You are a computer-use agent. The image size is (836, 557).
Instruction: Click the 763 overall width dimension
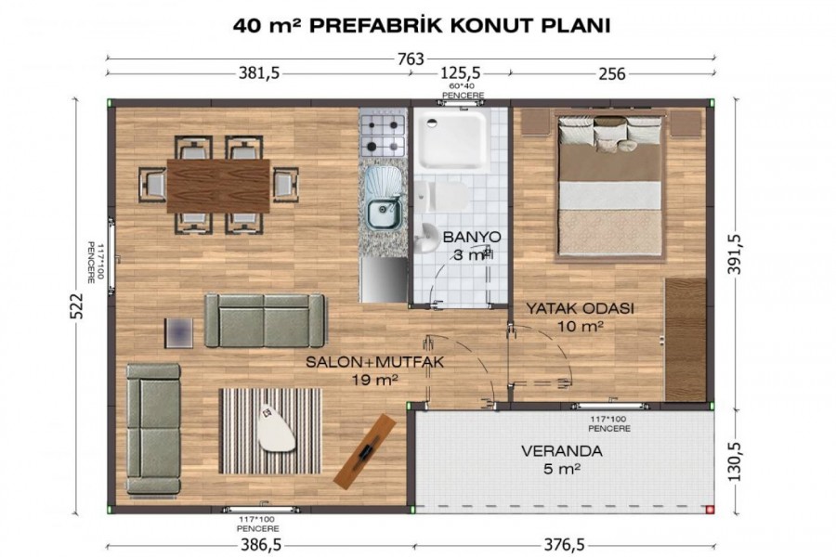(411, 58)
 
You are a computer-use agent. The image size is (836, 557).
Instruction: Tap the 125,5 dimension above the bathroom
(459, 72)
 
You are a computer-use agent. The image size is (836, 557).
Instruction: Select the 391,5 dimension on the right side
(735, 253)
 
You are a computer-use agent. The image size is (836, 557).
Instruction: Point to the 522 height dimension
(77, 305)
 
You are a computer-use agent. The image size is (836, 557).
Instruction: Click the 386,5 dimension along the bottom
(260, 544)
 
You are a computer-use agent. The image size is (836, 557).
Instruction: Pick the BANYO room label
(471, 237)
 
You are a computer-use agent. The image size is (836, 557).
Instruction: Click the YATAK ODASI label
(580, 308)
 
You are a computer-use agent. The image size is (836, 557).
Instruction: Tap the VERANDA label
(561, 451)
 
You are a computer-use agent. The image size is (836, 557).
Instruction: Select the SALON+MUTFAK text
(374, 362)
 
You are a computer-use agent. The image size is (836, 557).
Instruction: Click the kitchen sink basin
(383, 214)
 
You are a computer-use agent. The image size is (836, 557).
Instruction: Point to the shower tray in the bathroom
(453, 138)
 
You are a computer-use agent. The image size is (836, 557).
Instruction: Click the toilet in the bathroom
(440, 196)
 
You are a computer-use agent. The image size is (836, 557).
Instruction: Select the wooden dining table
(218, 186)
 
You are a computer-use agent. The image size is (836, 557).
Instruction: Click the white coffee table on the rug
(276, 429)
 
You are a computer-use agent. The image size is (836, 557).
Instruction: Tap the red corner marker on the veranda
(709, 510)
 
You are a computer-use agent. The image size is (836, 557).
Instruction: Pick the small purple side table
(178, 332)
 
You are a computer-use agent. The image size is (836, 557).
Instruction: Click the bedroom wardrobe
(685, 339)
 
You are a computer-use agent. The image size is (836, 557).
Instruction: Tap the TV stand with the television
(365, 451)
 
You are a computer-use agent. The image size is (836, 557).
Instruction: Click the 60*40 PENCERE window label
(463, 91)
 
